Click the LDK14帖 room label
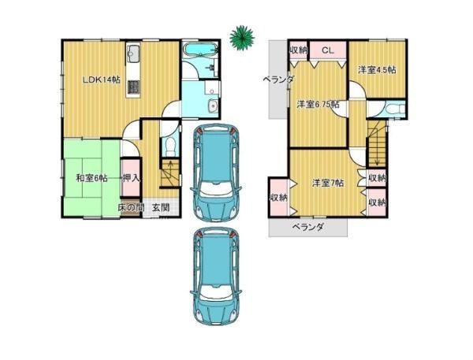[102, 80]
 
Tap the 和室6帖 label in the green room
[91, 178]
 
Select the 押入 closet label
[131, 178]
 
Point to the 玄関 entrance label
[160, 207]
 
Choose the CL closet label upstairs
[328, 50]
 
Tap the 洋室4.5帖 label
[377, 70]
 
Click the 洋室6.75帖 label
[318, 104]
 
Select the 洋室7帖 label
[328, 183]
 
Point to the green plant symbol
[242, 37]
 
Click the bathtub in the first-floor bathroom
[200, 49]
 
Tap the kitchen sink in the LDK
[133, 54]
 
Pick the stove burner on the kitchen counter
[133, 87]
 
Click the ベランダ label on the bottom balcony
[308, 226]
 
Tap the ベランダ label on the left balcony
[278, 80]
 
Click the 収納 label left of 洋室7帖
[277, 198]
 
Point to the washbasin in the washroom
[213, 106]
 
